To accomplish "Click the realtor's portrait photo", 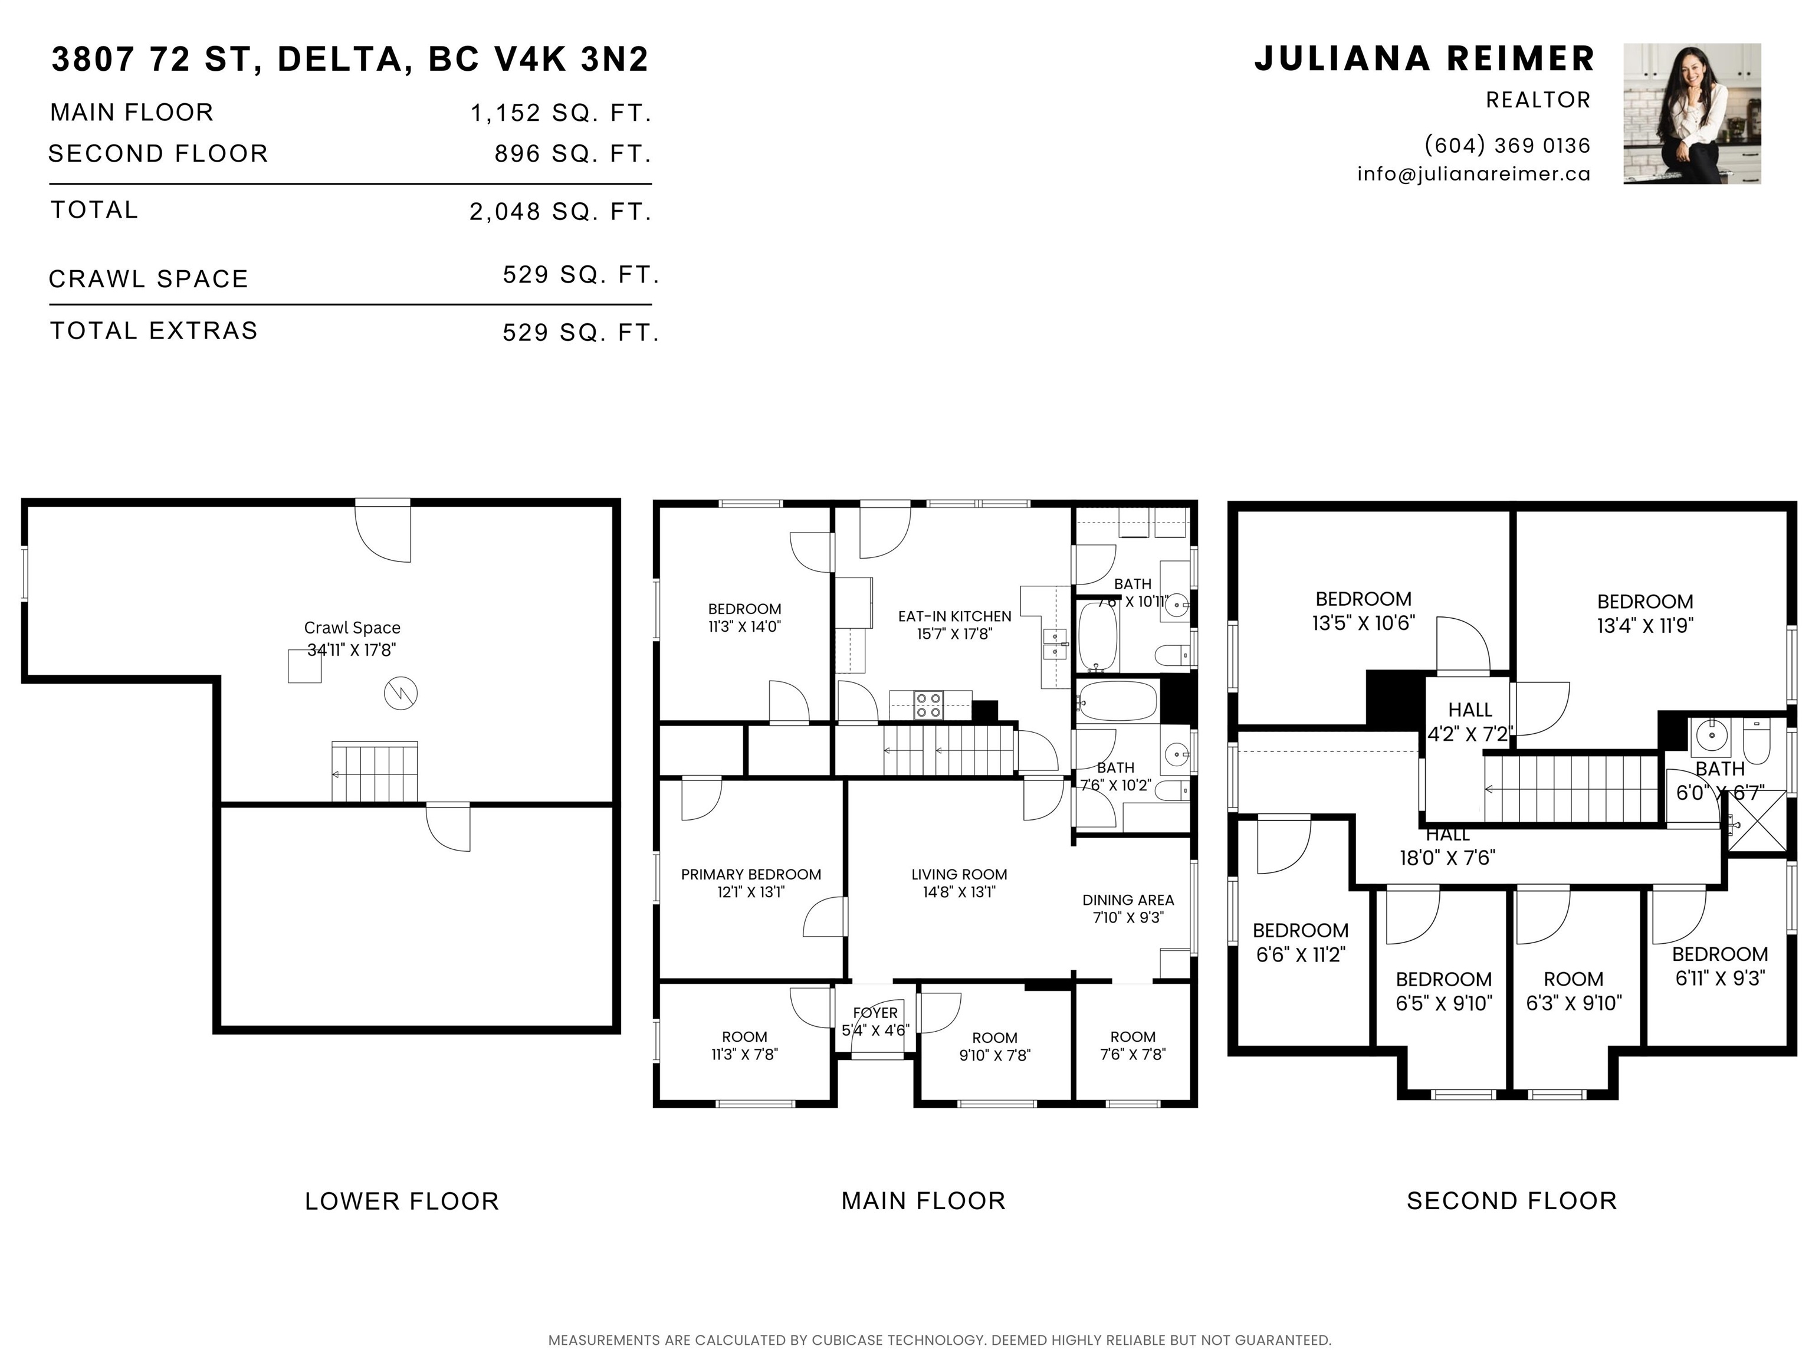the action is (x=1692, y=113).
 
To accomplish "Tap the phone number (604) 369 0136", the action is (x=1507, y=145).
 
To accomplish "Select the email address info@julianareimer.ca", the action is (x=1473, y=173).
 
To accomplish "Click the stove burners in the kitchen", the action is (x=928, y=705).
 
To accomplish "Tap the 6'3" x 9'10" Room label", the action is (x=1574, y=991).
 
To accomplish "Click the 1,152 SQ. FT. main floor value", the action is (x=561, y=113).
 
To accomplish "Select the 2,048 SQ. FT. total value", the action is (x=561, y=212).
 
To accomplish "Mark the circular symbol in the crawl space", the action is (x=401, y=693).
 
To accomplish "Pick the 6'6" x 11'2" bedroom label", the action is (x=1301, y=942).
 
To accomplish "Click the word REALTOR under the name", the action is (x=1538, y=100).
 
